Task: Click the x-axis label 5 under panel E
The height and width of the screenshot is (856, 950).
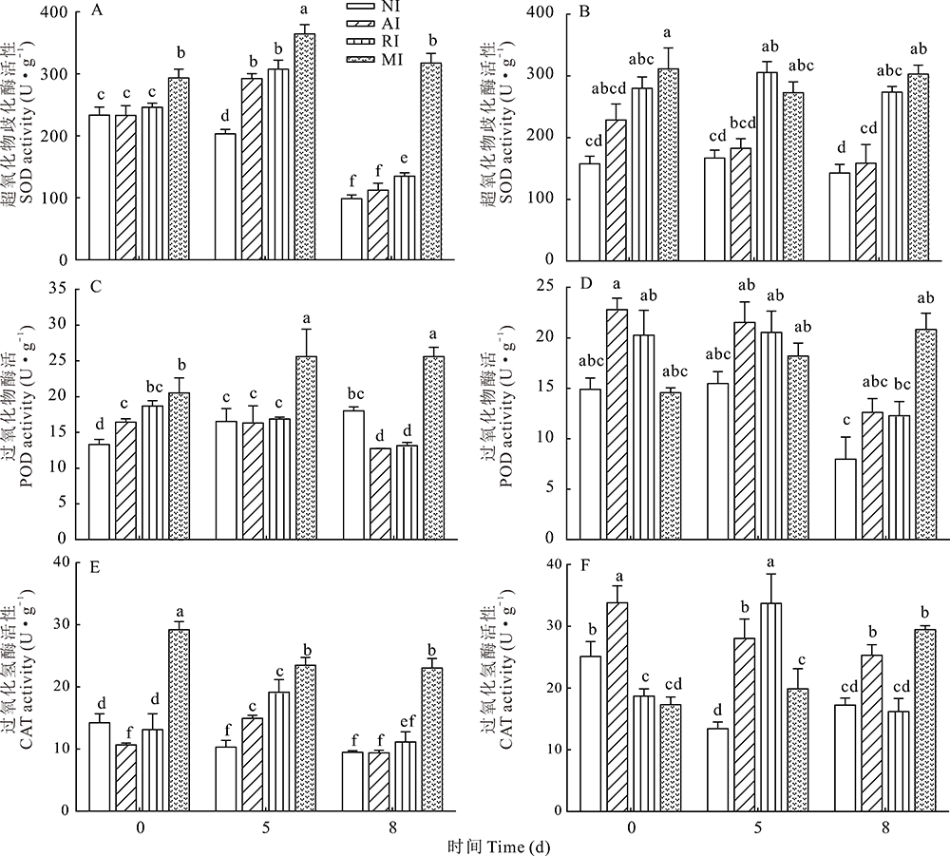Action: [x=265, y=827]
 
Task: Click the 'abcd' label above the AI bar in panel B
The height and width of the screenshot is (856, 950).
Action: [x=617, y=91]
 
